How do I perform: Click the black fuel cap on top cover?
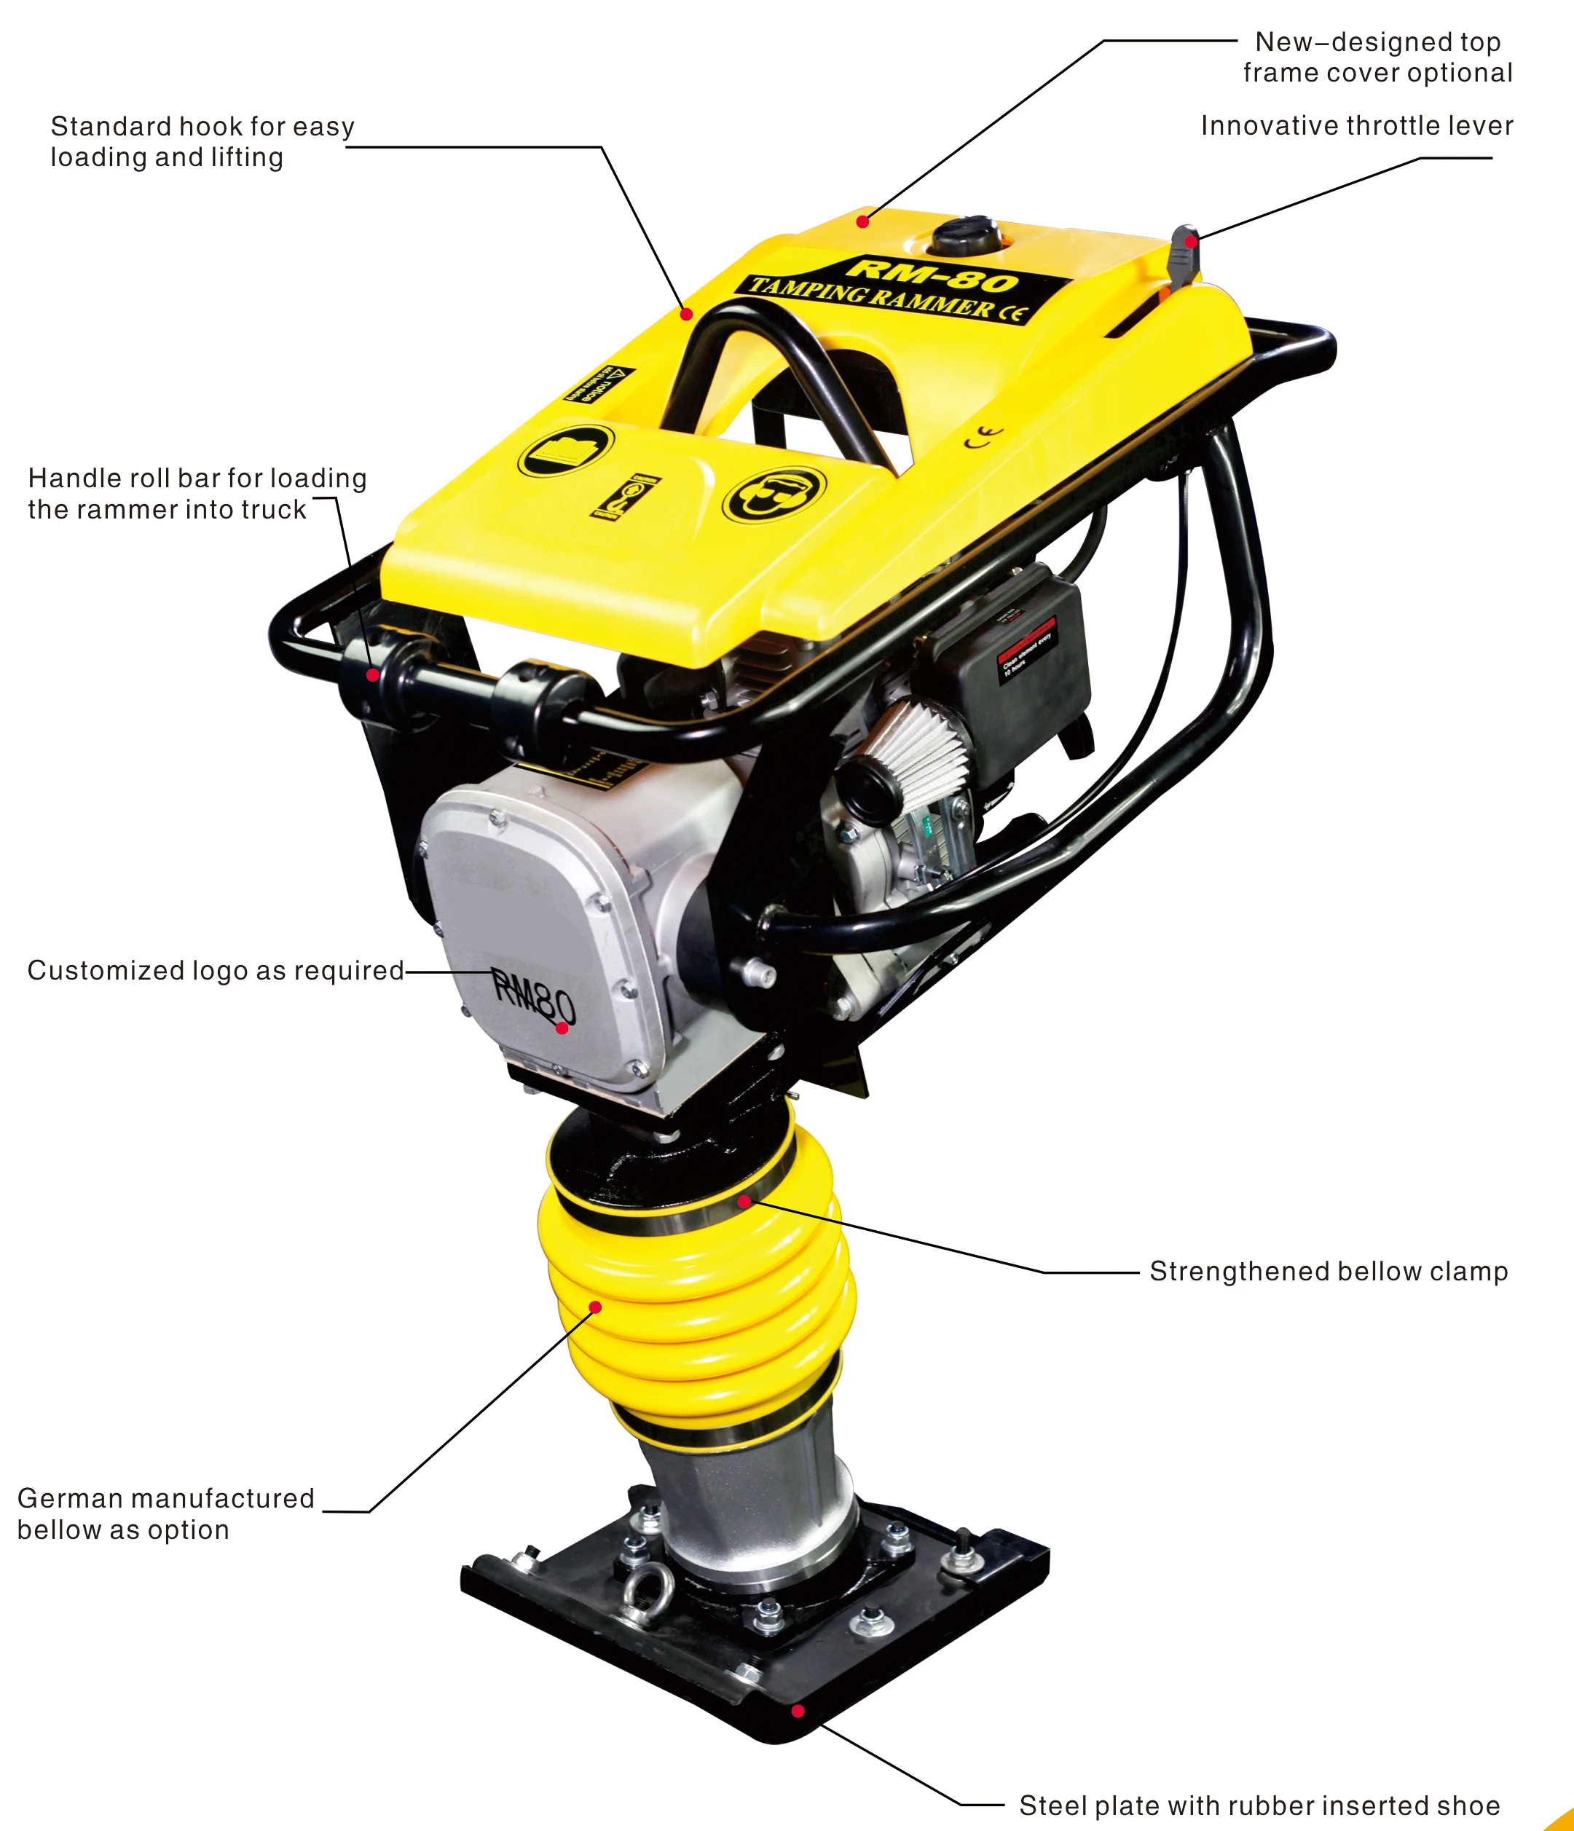click(966, 237)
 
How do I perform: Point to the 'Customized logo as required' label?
click(216, 970)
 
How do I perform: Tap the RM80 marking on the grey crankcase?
click(533, 999)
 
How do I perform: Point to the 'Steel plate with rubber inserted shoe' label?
click(1259, 1806)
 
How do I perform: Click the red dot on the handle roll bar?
click(373, 675)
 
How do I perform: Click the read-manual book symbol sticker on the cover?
click(566, 451)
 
